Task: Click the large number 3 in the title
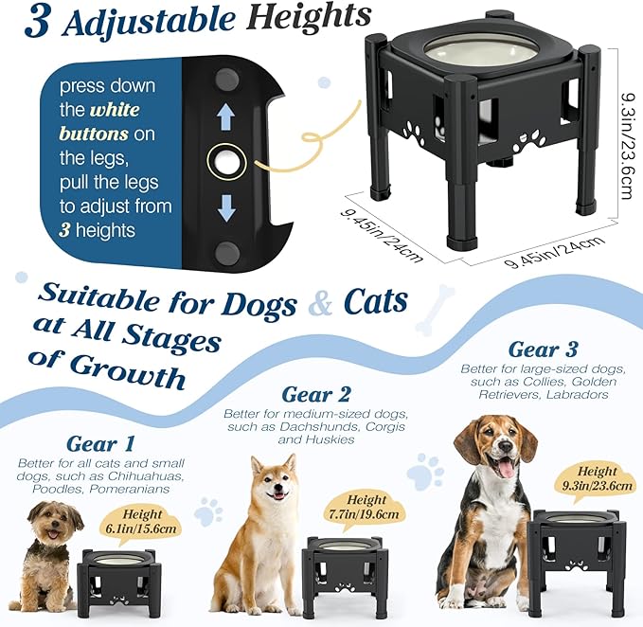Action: point(35,21)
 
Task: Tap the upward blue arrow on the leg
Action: point(224,116)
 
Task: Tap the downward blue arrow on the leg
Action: point(224,207)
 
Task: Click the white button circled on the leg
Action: point(224,162)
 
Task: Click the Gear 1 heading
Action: point(100,443)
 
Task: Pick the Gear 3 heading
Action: point(543,350)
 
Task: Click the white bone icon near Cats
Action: point(435,309)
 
